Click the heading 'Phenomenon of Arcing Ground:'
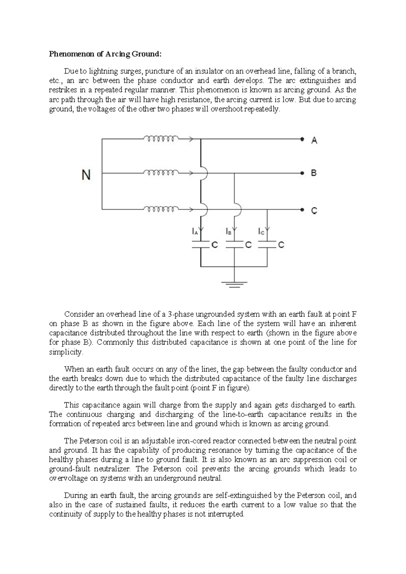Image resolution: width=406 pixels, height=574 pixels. coord(106,54)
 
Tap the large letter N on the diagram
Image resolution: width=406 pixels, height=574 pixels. coord(86,175)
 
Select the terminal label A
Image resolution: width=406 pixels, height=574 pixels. coord(314,140)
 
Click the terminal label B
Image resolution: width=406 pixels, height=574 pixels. coord(314,173)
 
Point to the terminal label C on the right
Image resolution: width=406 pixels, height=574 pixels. coord(314,211)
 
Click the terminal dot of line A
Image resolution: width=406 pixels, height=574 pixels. coord(302,139)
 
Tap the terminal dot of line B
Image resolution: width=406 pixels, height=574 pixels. coord(302,173)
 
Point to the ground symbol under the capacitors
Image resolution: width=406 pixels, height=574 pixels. coord(234,284)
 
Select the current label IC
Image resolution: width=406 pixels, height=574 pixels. coord(261,232)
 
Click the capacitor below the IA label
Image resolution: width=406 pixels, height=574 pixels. coord(201,245)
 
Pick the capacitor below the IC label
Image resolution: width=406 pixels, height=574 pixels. coord(267,245)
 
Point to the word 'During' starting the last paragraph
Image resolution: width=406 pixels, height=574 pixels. coord(75,495)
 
